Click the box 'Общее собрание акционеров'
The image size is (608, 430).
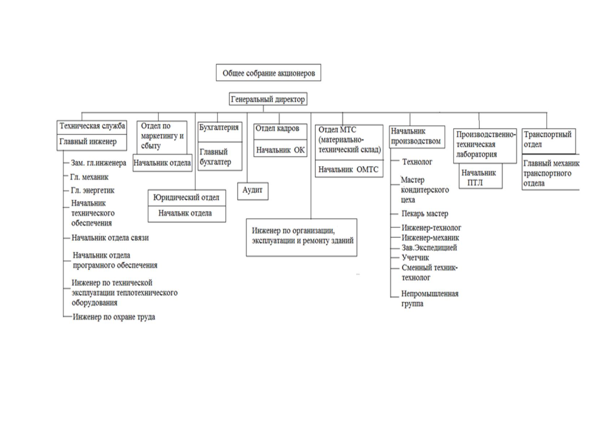tap(269, 73)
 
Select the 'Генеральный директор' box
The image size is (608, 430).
tap(268, 99)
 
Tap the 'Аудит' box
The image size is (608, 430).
tap(253, 191)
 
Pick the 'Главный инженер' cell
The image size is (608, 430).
tap(92, 142)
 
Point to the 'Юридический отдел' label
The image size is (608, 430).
tap(187, 197)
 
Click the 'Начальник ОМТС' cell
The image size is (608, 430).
tap(349, 169)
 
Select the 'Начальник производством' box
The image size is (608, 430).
tap(417, 137)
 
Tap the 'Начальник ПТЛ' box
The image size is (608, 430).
tap(481, 176)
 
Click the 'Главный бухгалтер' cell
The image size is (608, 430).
tap(220, 156)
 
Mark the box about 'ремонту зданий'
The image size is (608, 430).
tap(301, 238)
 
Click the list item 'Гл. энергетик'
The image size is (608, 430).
tap(92, 190)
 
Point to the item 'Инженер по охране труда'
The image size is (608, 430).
tap(114, 317)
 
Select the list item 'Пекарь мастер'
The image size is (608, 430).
tap(425, 214)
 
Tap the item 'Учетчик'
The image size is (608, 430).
tap(415, 257)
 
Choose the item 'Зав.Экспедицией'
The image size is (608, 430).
tap(429, 248)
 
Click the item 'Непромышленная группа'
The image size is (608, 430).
tap(430, 298)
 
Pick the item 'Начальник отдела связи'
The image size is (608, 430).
tap(110, 238)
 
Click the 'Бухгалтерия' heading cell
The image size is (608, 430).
tap(220, 132)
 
